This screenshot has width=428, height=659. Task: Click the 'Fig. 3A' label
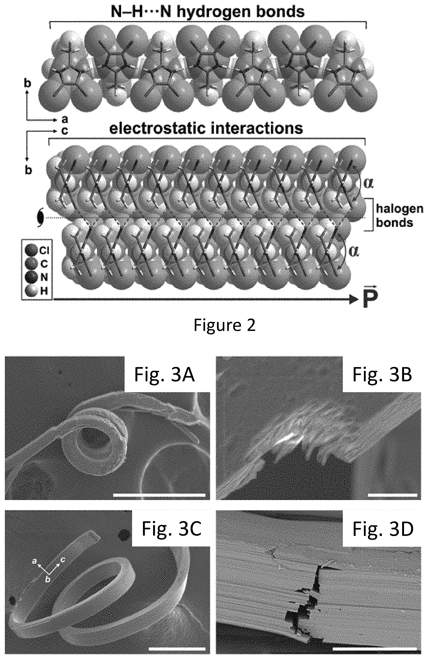coord(164,375)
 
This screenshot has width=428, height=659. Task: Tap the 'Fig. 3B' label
coord(382,375)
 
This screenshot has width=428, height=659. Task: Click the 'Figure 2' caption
coord(224,325)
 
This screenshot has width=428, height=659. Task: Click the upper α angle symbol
coord(368,183)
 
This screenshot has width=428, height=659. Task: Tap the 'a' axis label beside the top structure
coord(65,119)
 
